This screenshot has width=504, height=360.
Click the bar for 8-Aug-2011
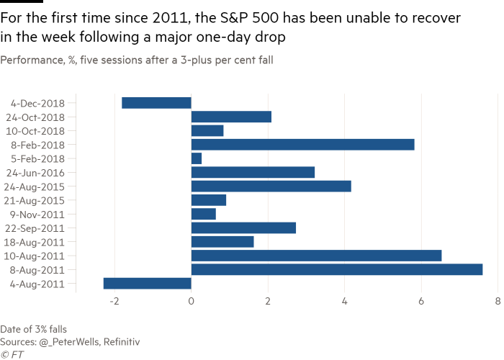(336, 270)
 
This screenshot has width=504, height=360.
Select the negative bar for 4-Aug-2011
(147, 284)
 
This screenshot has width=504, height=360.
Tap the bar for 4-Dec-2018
(156, 103)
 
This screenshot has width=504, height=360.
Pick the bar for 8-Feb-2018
(302, 145)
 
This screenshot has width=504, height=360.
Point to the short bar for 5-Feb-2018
(197, 158)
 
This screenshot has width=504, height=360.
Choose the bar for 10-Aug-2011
(316, 256)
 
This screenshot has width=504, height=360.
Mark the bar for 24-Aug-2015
(271, 186)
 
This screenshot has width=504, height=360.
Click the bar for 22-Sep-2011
(243, 228)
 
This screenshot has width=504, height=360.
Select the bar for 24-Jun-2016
(253, 172)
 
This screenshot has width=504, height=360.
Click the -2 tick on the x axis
(114, 302)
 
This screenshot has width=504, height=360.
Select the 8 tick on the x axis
(498, 302)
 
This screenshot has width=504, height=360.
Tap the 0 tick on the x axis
(191, 302)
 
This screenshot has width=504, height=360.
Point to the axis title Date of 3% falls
(34, 329)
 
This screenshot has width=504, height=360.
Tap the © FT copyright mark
(10, 354)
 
